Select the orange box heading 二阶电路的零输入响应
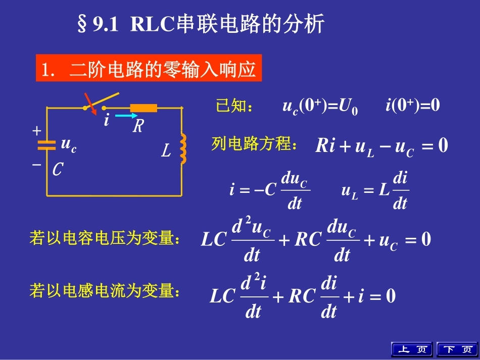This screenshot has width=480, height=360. point(149,69)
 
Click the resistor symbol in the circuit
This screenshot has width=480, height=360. point(143,108)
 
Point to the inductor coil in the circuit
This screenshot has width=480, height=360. point(183,149)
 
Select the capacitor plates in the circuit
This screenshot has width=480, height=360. point(47,145)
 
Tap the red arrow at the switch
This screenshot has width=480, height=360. point(88,101)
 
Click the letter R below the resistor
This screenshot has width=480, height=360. point(138,126)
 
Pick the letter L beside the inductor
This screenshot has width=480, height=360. point(166,150)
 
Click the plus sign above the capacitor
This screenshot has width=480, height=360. point(36,131)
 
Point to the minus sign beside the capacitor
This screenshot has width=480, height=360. point(36,164)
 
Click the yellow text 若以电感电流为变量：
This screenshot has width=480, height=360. point(105,291)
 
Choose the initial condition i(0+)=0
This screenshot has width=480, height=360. point(412,106)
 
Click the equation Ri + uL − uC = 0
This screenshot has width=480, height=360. point(381,146)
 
